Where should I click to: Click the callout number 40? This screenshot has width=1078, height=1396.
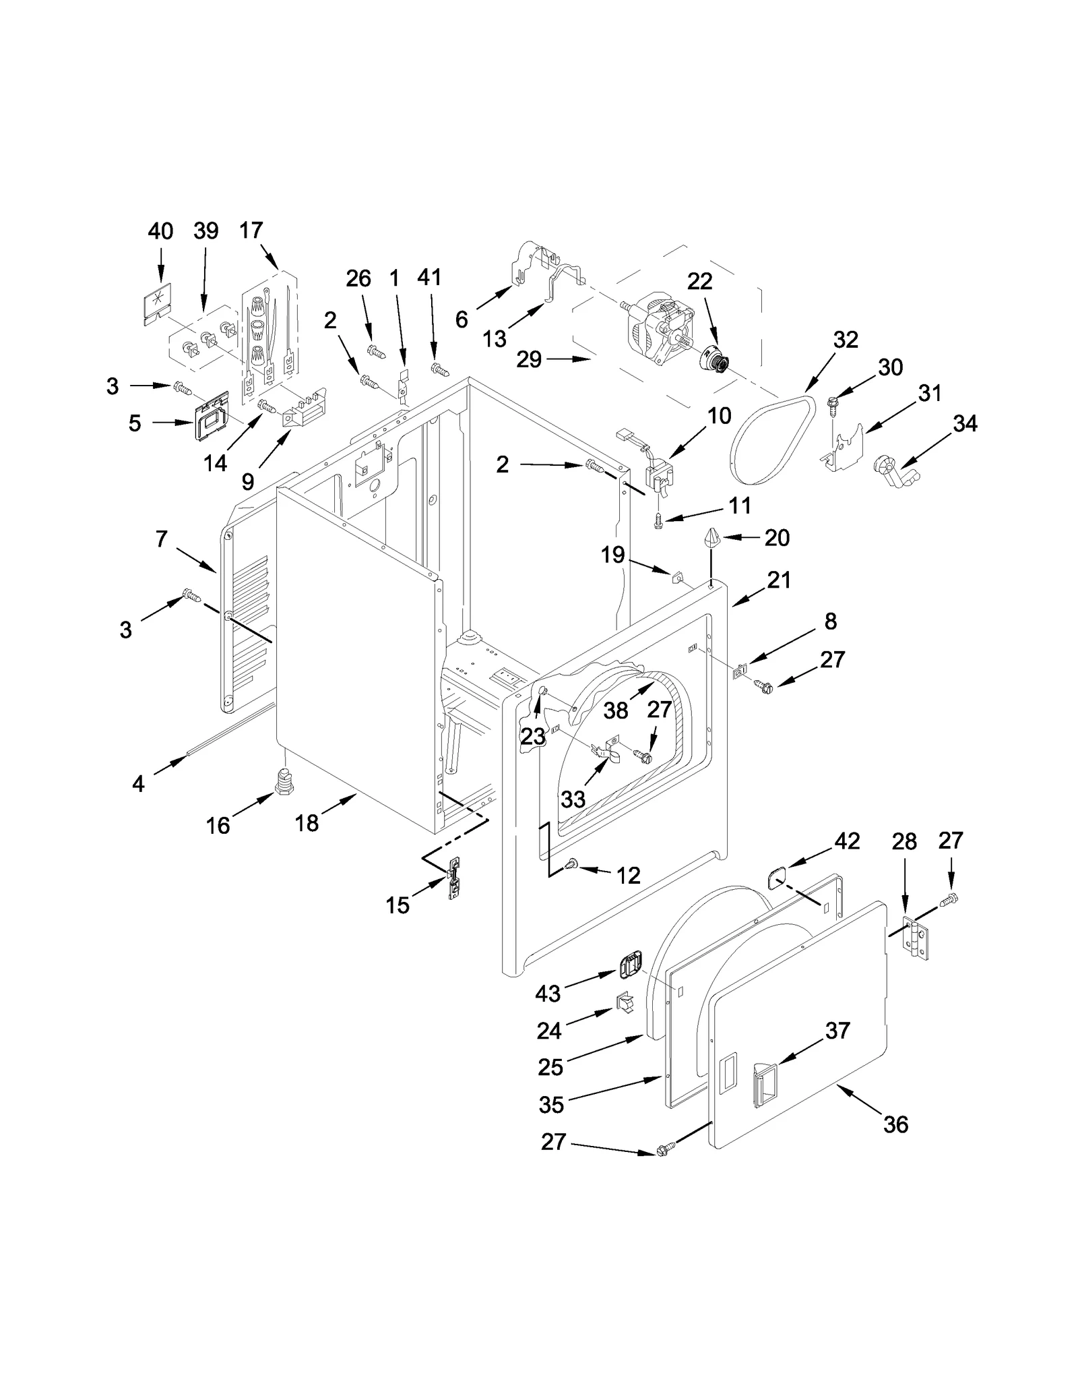coord(160,231)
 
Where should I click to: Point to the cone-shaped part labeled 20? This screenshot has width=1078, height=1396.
coord(713,539)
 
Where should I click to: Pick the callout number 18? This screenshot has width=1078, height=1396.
coord(307,822)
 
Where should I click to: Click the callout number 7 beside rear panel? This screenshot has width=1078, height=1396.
coord(161,539)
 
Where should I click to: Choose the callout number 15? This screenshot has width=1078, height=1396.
coord(398,905)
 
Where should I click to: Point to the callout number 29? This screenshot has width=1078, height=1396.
coord(529,359)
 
